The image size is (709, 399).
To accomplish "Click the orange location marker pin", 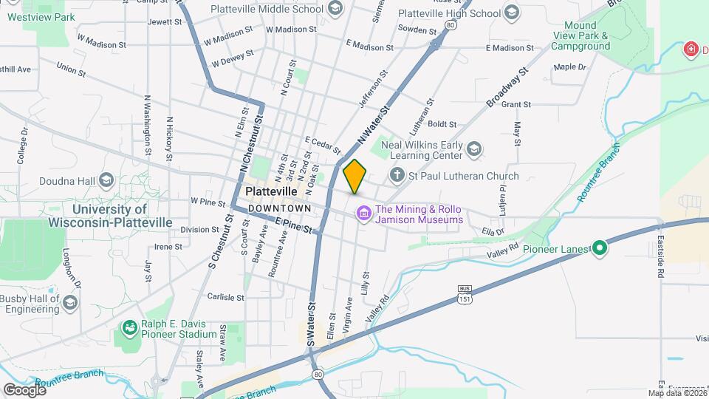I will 354,176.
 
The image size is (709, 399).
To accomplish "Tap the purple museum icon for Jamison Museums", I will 363,214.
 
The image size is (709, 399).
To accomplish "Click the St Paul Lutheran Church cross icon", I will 397,176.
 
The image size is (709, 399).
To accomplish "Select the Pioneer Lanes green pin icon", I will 600,249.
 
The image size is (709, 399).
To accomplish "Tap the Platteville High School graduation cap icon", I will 511,13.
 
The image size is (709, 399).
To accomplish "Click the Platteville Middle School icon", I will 335,9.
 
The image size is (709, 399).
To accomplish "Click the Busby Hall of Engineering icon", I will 69,303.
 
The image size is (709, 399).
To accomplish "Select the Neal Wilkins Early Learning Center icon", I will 473,151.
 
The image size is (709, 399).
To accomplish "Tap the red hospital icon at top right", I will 691,50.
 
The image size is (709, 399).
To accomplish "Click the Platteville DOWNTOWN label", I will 270,199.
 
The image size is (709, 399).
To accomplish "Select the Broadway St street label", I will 509,87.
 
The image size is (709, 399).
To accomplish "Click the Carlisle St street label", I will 226,298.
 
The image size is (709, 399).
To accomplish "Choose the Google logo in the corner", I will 24,389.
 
